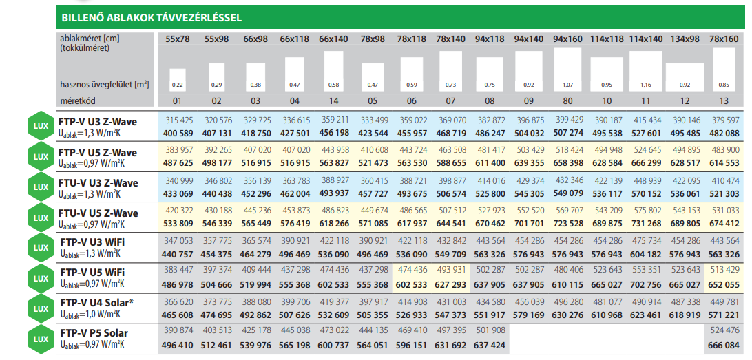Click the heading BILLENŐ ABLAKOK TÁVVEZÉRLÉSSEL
(x=151, y=18)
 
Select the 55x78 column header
(x=178, y=39)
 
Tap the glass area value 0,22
(x=178, y=85)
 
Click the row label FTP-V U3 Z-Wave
(x=98, y=122)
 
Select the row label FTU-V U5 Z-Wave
(x=98, y=213)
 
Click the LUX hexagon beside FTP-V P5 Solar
(x=41, y=339)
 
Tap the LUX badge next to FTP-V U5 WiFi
(x=41, y=278)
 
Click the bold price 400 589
(x=178, y=133)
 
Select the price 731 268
(x=645, y=223)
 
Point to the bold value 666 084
(x=723, y=346)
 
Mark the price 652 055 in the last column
(x=723, y=285)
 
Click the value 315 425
(x=178, y=120)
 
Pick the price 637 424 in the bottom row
(x=490, y=346)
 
